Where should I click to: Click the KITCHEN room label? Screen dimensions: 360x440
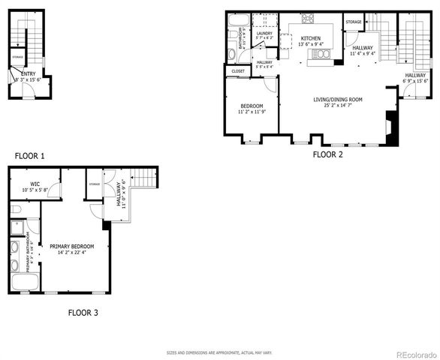coord(311,37)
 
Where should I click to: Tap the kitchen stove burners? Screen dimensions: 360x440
coord(309,18)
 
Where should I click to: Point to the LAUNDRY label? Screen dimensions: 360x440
coord(264,33)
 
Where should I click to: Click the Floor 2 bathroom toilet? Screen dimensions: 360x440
coord(231,53)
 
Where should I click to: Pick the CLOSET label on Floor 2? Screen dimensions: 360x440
coord(238,71)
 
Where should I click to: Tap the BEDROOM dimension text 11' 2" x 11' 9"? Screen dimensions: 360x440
coord(252,112)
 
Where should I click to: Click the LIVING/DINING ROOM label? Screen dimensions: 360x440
coord(338,99)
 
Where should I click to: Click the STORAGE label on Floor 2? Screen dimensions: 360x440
coord(354,22)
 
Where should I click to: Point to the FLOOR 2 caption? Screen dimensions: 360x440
coord(327,154)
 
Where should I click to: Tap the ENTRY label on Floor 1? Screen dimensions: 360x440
coord(29,74)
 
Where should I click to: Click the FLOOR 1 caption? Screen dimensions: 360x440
coord(30,156)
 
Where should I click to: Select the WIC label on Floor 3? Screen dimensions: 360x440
coord(35,184)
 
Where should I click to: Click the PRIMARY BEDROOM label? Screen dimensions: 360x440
coord(72,245)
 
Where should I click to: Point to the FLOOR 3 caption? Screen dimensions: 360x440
coord(83,312)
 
